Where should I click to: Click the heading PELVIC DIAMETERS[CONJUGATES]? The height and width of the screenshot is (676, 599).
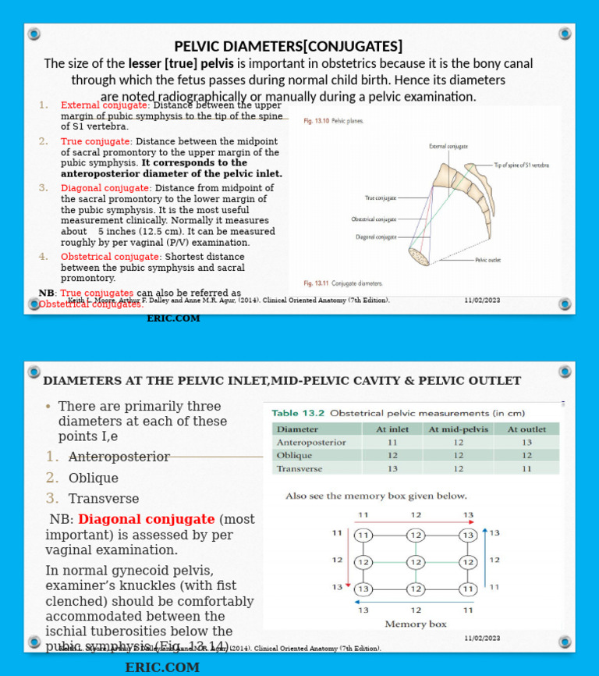(x=289, y=46)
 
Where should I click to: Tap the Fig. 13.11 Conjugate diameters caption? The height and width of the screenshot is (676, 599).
(x=342, y=283)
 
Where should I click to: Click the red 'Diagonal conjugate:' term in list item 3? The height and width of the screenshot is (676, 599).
(x=106, y=188)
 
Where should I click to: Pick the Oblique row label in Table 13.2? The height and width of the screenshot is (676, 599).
(x=295, y=455)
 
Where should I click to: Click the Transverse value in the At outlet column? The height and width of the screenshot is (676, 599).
(x=526, y=468)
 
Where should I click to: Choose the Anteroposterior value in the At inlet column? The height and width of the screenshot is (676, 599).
(x=392, y=442)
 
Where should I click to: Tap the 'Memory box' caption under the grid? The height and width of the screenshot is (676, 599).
(x=416, y=624)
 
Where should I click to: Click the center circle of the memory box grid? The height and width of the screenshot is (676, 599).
(x=415, y=562)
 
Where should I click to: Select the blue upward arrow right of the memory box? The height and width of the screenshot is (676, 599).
(x=485, y=562)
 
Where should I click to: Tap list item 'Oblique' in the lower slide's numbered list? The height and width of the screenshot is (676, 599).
(x=93, y=478)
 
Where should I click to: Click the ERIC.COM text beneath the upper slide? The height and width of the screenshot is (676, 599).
(x=173, y=318)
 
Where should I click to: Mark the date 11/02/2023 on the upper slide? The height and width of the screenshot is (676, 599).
(x=482, y=301)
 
